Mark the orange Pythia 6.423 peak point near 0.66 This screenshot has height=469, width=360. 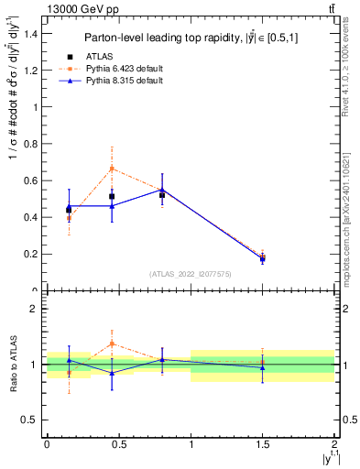112,169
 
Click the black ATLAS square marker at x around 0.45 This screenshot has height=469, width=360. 112,196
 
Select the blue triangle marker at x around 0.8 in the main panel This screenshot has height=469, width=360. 162,190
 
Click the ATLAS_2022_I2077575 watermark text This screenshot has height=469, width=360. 191,273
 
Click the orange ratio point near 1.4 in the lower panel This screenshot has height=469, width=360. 112,344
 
